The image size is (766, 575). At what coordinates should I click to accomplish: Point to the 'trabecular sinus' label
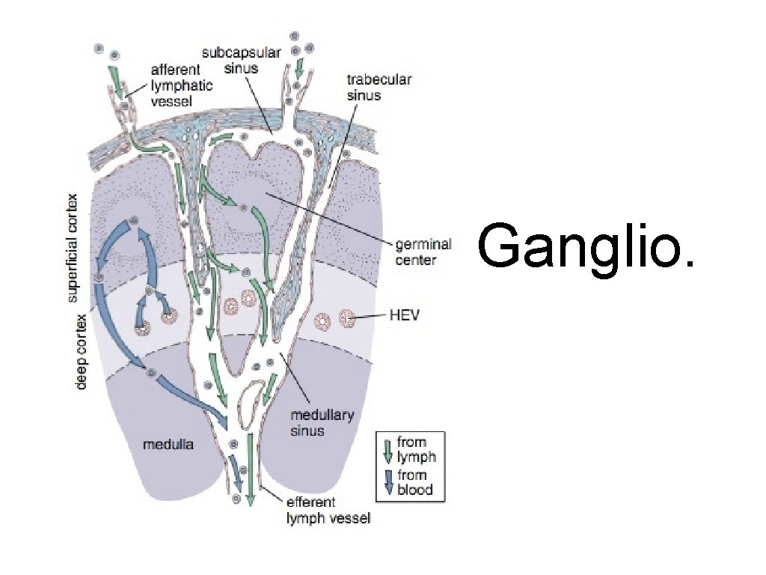point(379,86)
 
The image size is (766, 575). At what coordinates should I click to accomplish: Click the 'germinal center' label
point(423,252)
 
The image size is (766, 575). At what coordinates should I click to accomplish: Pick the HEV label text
point(405,317)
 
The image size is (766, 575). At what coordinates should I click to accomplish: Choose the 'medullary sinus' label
point(321,423)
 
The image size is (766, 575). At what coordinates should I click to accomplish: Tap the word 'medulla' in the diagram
point(168,445)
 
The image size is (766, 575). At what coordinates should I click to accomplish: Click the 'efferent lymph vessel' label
point(328,510)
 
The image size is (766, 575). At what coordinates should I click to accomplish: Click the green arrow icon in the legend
point(387,449)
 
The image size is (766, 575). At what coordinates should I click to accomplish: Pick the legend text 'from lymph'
point(415,449)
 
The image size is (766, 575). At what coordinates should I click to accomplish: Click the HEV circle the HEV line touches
point(346,319)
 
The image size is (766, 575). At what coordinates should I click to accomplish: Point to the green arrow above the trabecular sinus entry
point(300,70)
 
